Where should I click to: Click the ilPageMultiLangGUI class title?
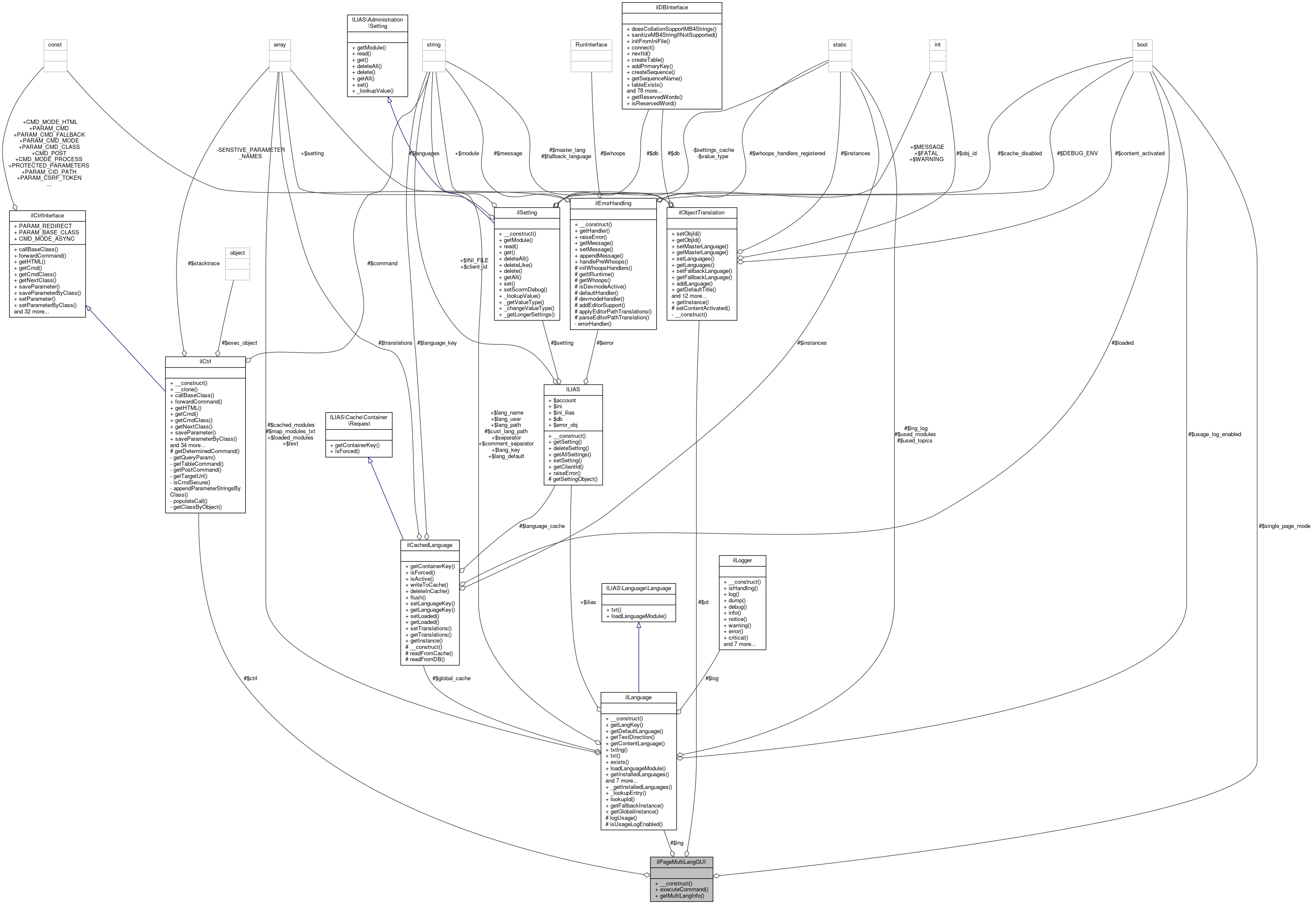[681, 862]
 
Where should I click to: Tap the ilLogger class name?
[742, 560]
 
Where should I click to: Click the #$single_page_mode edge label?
[1284, 526]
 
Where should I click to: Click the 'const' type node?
[55, 45]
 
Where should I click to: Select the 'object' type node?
[237, 253]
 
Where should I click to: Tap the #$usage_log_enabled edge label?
[1214, 434]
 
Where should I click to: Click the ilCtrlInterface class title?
[47, 216]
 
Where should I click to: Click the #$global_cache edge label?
[451, 678]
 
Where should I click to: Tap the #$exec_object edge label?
[239, 343]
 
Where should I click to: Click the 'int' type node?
[937, 45]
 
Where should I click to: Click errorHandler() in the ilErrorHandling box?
[594, 324]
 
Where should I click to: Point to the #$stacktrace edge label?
[204, 264]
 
